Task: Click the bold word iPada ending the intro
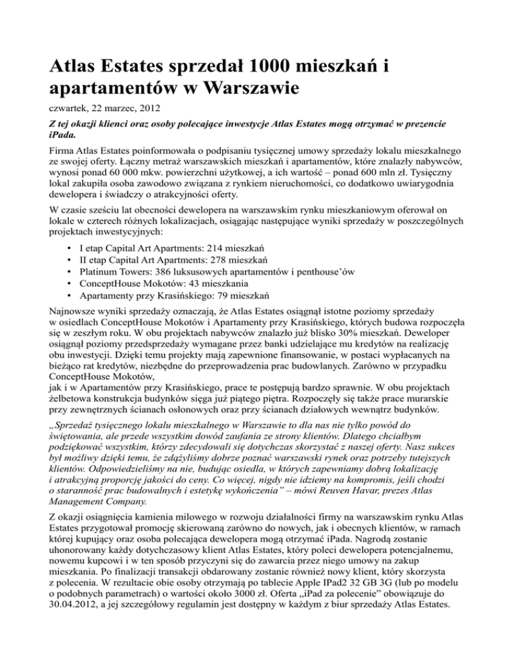click(x=64, y=139)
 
